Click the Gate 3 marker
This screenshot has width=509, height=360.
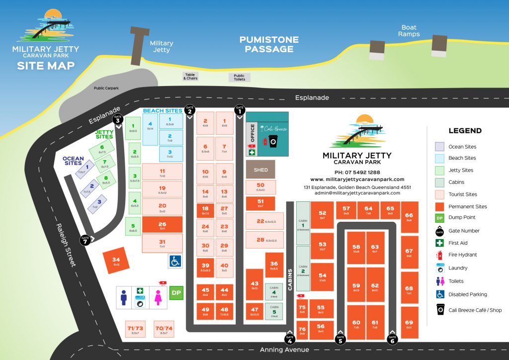click(x=118, y=119)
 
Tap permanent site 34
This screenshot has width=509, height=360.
click(x=116, y=261)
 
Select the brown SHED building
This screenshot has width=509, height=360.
click(x=260, y=170)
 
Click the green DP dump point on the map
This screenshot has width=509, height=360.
click(x=176, y=293)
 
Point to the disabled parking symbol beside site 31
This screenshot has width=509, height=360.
click(x=174, y=261)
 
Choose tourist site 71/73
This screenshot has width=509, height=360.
click(x=135, y=330)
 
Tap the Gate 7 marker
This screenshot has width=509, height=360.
click(x=85, y=239)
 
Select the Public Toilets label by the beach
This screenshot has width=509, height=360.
click(x=239, y=77)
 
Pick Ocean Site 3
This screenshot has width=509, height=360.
click(x=98, y=203)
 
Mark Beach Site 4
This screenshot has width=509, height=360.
click(x=150, y=126)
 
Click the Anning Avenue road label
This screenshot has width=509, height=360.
click(x=284, y=350)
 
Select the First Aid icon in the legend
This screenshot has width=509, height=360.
click(x=439, y=243)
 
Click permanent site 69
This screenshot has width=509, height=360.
click(x=409, y=325)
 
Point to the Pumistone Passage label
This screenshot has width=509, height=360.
click(x=269, y=44)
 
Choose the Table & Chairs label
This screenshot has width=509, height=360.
click(x=190, y=76)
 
